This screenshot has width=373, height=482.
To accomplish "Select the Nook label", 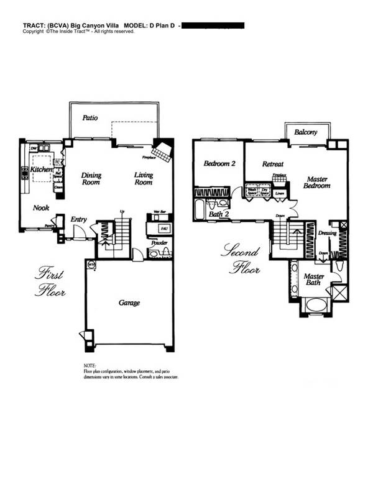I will [x=41, y=208].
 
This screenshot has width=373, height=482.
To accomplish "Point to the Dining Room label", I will [x=91, y=179].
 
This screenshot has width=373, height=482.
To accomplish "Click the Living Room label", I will [x=144, y=179].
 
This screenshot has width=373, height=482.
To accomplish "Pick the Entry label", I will [x=78, y=219].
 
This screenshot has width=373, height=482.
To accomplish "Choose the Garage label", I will [x=129, y=303].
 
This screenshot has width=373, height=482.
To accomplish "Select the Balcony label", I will [x=306, y=132].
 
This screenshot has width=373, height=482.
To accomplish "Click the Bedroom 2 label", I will [x=219, y=164].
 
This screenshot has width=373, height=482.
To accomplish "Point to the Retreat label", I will [x=273, y=165].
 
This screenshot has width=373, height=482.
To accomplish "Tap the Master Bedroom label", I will [x=317, y=183].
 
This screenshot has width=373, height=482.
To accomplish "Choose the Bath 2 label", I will [x=218, y=215].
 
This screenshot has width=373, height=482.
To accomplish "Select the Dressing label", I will [x=327, y=234].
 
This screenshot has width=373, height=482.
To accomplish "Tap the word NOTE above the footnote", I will [x=90, y=365].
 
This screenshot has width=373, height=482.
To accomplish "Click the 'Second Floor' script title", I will [x=239, y=260].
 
